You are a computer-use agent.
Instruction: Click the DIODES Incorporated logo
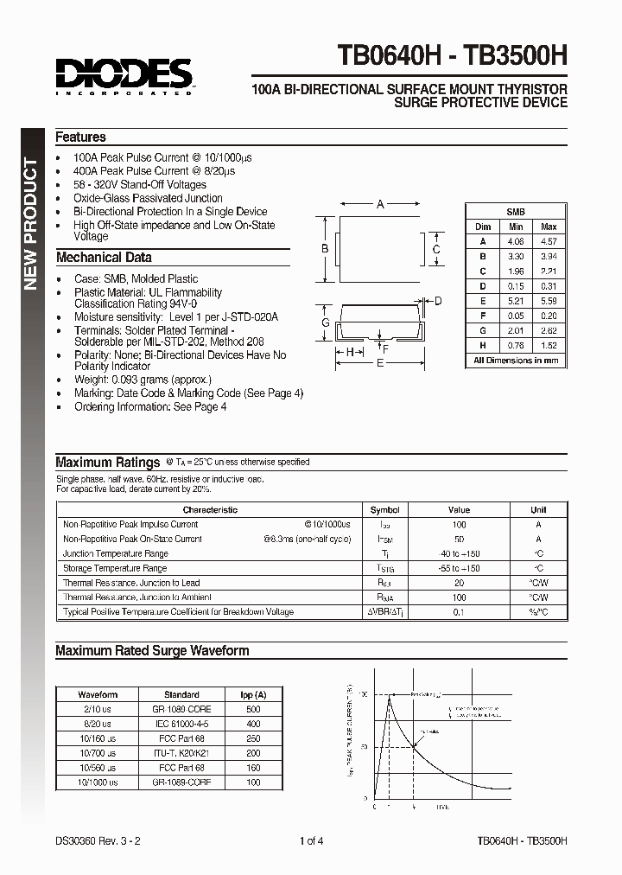point(124,75)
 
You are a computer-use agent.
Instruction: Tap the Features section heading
point(80,137)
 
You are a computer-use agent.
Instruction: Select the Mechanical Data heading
point(103,257)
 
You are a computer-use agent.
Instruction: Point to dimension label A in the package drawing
point(380,205)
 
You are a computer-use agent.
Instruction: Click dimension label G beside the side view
point(327,323)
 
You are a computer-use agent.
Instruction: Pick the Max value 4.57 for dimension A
point(548,241)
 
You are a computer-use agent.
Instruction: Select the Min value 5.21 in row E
point(516,300)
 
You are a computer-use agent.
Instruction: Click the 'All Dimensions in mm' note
point(516,360)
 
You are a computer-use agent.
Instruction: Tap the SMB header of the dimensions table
point(516,212)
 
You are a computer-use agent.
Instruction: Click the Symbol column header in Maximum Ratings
point(384,510)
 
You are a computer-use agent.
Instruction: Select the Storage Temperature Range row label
point(115,568)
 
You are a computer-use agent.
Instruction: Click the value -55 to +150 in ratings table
point(459,568)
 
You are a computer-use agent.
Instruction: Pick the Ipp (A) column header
point(253,694)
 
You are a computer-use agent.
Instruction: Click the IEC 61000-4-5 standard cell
point(181,723)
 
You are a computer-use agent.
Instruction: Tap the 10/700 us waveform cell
point(98,752)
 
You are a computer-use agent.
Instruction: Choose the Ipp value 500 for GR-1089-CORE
point(253,708)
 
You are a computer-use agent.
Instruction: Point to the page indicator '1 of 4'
point(311,840)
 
